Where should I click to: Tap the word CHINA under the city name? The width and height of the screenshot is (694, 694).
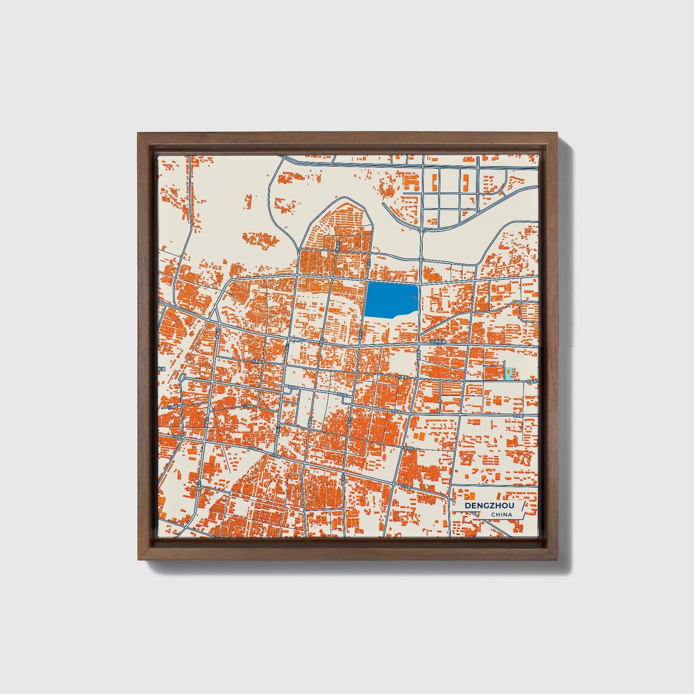click(501, 515)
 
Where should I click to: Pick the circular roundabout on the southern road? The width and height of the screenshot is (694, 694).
click(393, 483)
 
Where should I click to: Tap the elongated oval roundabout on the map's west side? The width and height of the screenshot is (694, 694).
click(182, 378)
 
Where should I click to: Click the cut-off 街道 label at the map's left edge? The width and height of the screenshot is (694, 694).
click(161, 369)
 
